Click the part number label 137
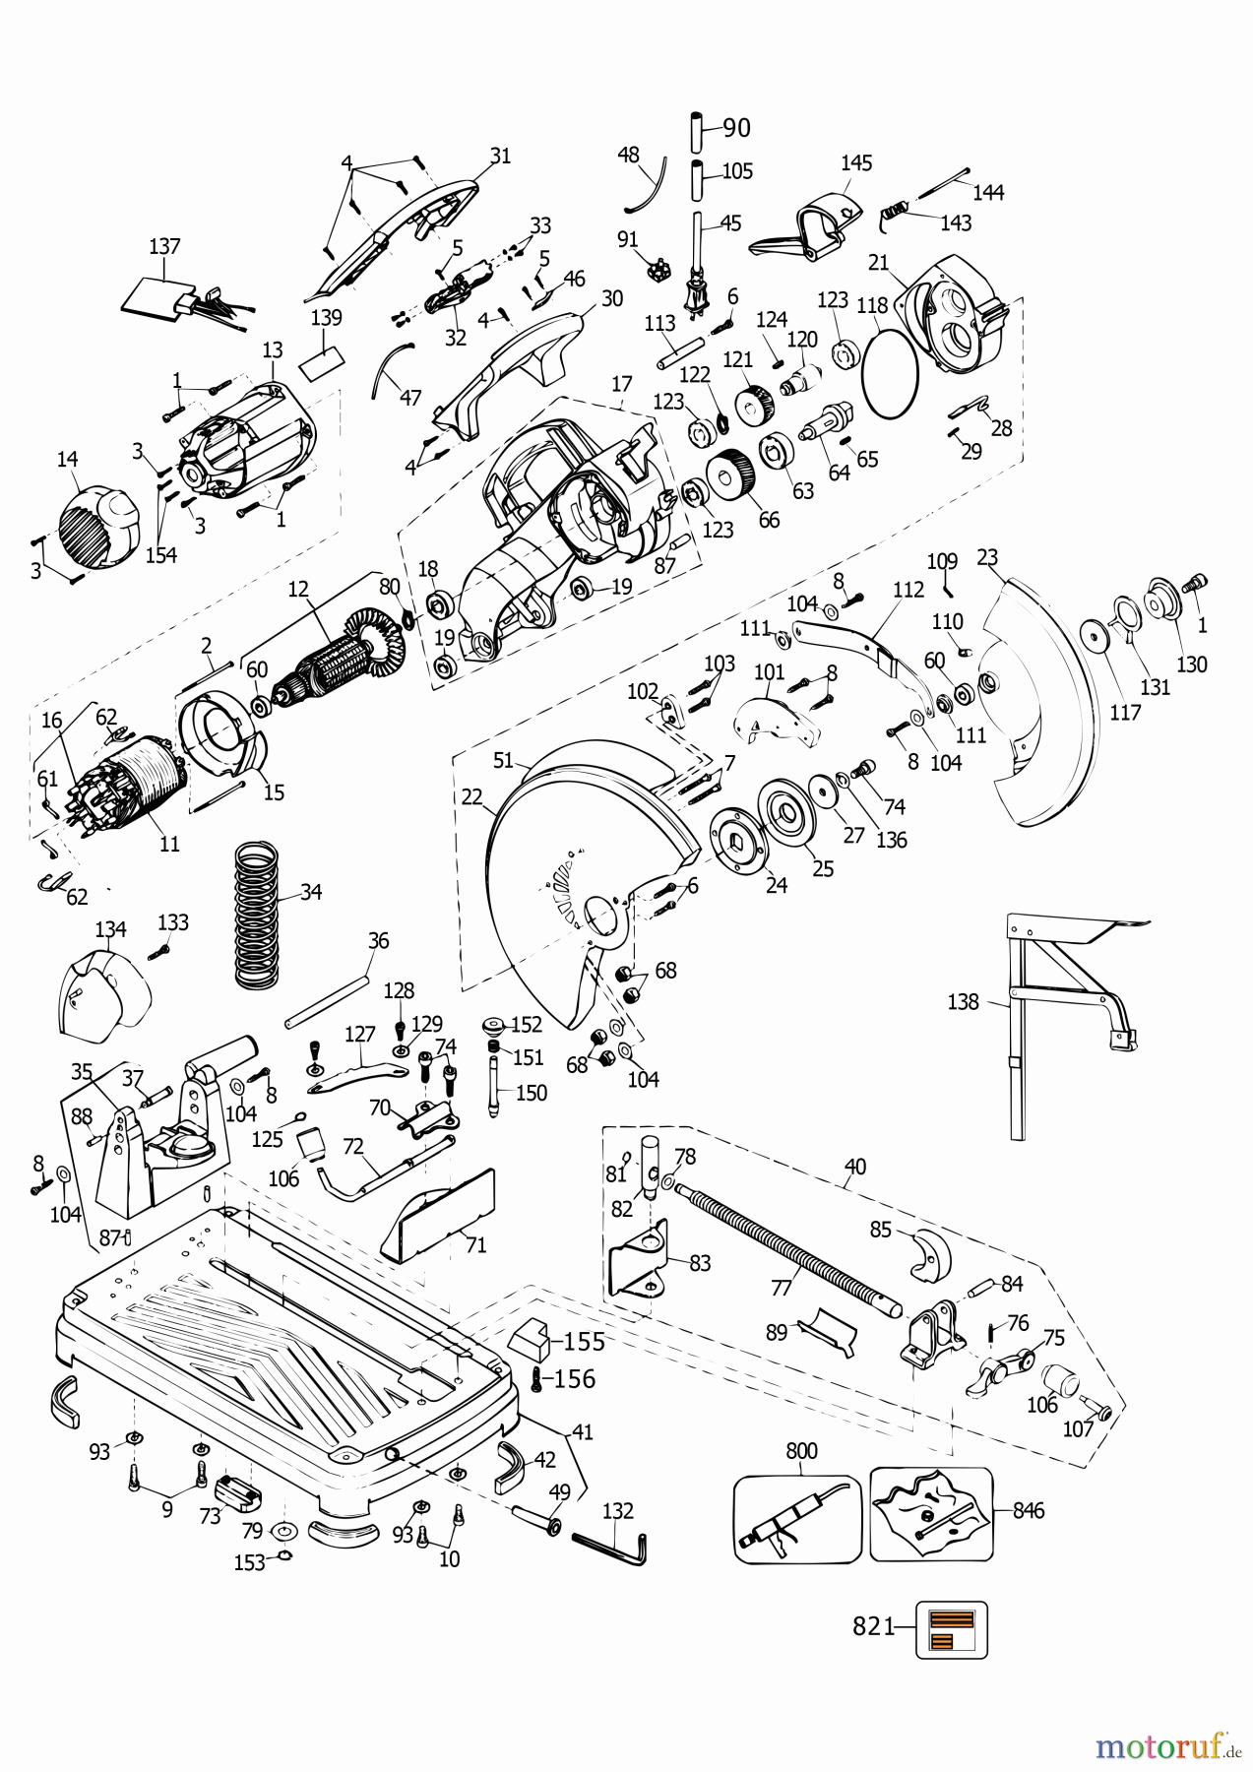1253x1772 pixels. point(164,244)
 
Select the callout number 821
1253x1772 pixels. point(872,1626)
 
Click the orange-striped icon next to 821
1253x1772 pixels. point(952,1630)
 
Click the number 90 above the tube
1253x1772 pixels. point(736,128)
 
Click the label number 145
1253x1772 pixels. point(856,163)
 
